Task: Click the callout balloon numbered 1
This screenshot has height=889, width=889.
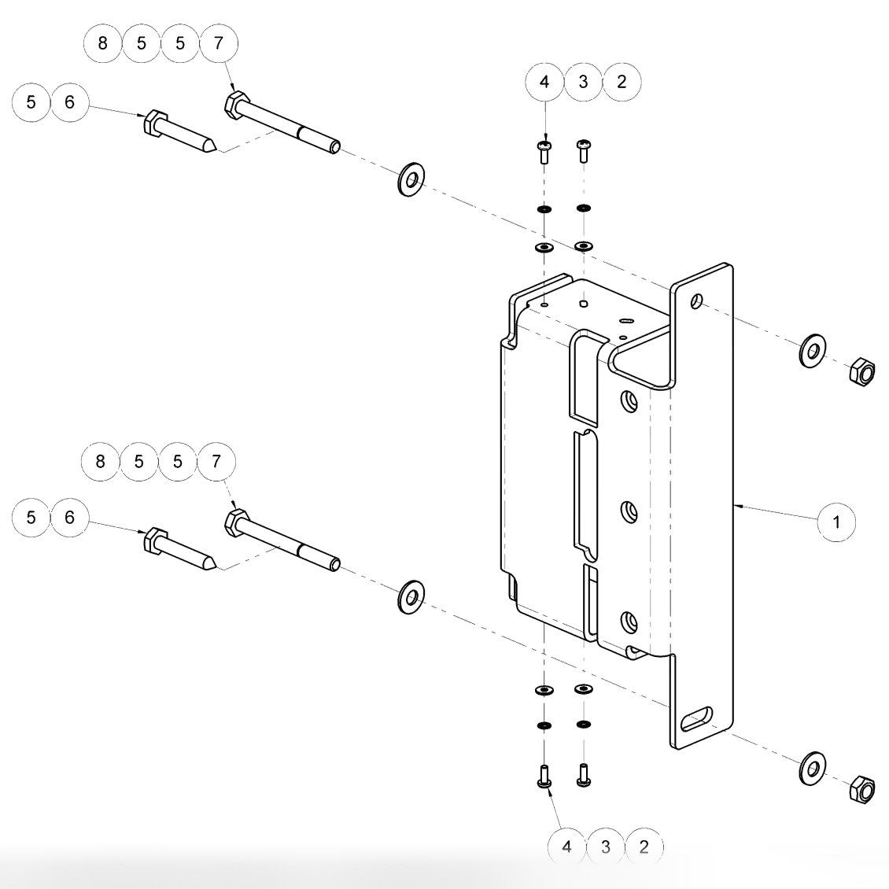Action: [x=837, y=521]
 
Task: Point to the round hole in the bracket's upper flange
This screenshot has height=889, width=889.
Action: [x=695, y=301]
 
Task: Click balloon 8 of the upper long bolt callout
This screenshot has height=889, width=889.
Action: [x=103, y=42]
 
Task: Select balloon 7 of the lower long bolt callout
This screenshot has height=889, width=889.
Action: [x=216, y=461]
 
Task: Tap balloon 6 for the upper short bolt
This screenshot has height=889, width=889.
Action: [x=70, y=102]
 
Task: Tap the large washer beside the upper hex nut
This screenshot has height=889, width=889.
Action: [x=811, y=350]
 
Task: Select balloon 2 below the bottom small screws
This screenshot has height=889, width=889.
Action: [x=644, y=847]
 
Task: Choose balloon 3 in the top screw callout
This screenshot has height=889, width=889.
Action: [x=583, y=82]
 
